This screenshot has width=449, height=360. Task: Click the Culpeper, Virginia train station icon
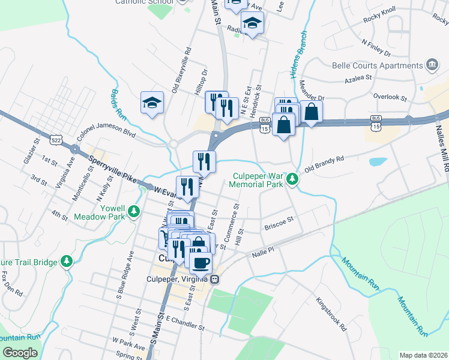tap(214, 280)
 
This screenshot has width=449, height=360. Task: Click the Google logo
tap(20, 353)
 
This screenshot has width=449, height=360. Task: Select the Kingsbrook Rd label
tap(331, 315)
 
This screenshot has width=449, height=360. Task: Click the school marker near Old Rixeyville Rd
tap(152, 102)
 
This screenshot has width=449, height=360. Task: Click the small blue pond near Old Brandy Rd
tap(378, 161)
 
